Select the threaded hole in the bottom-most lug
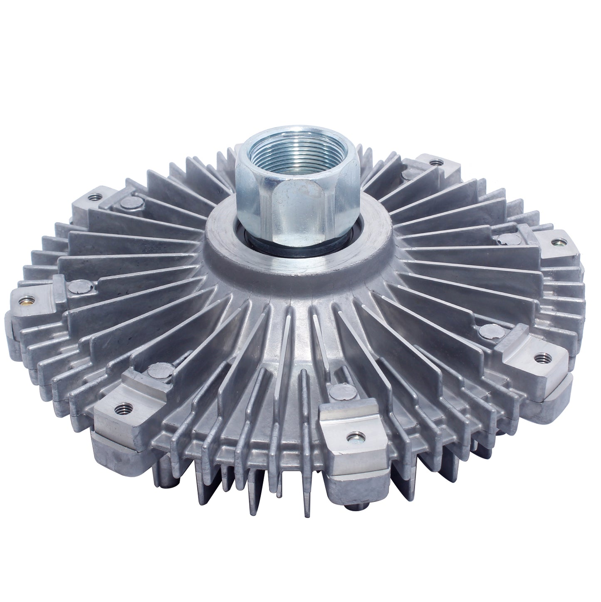point(356,436)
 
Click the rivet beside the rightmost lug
point(508,238)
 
